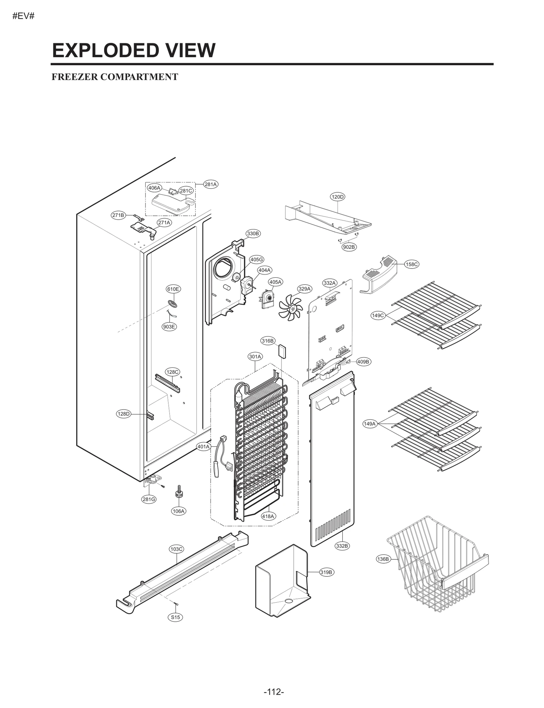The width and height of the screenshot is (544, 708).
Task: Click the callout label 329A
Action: (x=304, y=289)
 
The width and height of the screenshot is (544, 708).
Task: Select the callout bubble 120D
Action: (x=337, y=197)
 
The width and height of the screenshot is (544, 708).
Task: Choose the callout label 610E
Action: (x=173, y=289)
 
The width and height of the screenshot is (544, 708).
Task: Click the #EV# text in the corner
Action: (x=23, y=16)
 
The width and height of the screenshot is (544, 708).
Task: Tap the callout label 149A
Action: (x=370, y=424)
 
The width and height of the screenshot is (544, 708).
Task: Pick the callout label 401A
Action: (x=204, y=447)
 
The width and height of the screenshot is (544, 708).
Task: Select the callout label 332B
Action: (x=342, y=546)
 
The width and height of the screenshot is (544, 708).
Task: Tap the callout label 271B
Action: (x=118, y=215)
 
